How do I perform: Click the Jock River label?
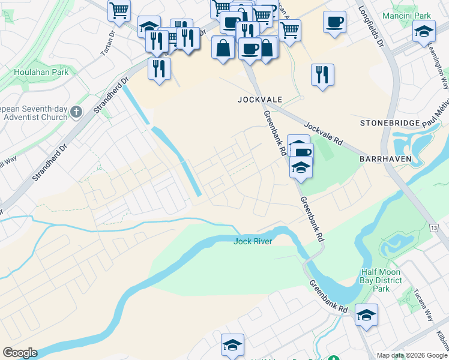pos(253,241)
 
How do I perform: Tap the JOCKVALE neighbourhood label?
pos(259,99)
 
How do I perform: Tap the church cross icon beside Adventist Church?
pos(76,112)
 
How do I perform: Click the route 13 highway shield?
pos(434,227)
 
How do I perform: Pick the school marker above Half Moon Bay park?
pos(366,315)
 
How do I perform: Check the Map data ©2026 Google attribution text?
pos(412,355)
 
